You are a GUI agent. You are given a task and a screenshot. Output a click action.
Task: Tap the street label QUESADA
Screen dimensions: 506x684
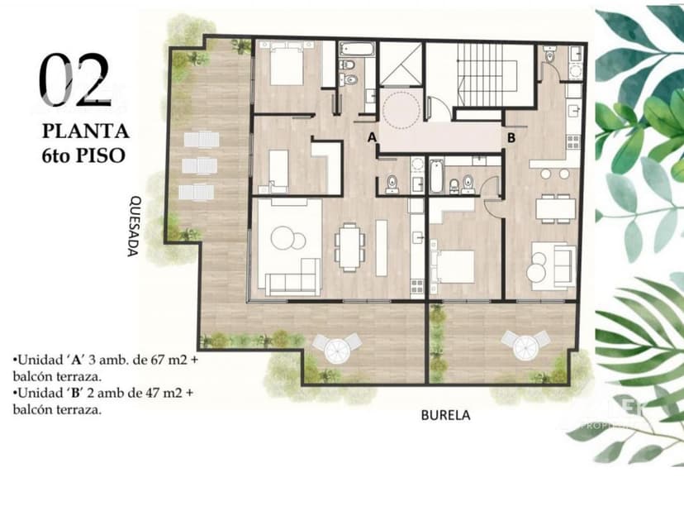135,226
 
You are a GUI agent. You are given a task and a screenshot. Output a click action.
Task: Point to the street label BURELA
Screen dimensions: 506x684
445,415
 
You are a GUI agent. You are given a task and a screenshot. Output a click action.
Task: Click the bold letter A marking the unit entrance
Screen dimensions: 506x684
372,136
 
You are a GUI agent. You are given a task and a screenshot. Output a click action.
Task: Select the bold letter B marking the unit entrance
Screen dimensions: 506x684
511,137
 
